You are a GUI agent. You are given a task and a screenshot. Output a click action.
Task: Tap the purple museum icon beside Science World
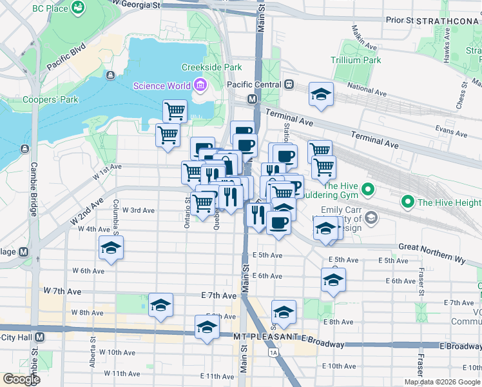(200, 85)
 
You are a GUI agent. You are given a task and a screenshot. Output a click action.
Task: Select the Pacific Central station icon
(289, 84)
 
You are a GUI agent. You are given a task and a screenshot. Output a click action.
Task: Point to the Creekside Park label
(211, 67)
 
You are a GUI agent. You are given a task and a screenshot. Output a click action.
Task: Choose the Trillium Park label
(356, 61)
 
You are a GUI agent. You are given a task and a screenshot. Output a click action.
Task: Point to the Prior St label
(400, 21)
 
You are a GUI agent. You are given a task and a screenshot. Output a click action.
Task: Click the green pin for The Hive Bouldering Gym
(367, 190)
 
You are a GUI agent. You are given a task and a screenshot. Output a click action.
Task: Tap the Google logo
(21, 379)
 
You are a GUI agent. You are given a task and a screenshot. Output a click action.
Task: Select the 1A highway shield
(274, 353)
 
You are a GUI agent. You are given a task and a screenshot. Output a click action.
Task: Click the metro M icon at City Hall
(40, 337)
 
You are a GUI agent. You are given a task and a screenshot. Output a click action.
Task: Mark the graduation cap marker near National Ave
(321, 94)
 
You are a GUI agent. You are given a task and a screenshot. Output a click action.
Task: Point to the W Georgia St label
(137, 5)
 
